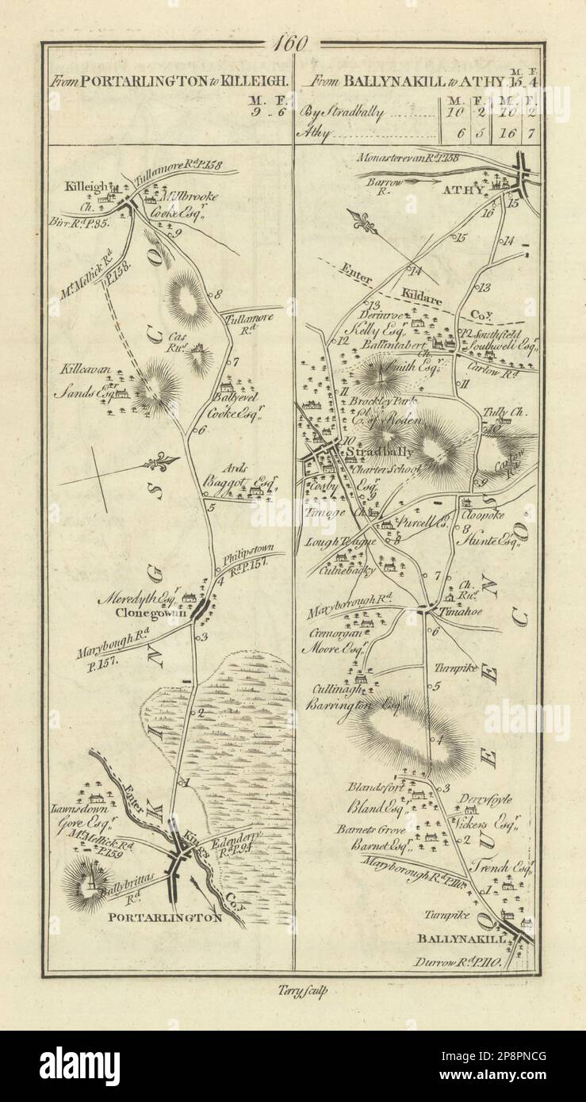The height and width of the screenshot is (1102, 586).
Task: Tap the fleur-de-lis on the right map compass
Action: (x=366, y=224)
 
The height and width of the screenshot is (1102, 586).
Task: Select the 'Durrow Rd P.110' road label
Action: (x=455, y=962)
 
